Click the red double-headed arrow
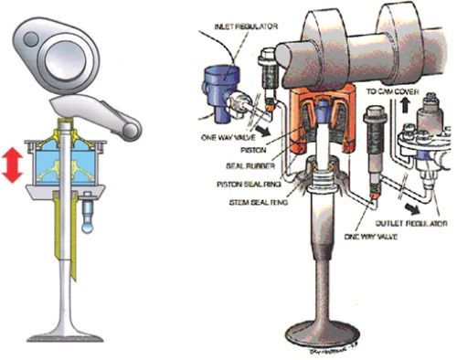(12, 164)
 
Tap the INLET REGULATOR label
(246, 26)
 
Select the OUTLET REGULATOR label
(411, 223)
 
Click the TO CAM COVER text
(393, 91)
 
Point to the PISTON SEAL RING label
(249, 185)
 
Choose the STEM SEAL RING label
(259, 202)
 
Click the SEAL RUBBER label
(250, 166)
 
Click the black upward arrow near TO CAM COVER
(404, 106)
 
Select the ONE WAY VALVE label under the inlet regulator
(228, 138)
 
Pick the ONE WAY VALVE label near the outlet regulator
(370, 237)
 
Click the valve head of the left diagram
(65, 335)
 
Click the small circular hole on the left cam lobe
(31, 39)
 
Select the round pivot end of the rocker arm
(132, 131)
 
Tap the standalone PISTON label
(253, 150)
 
